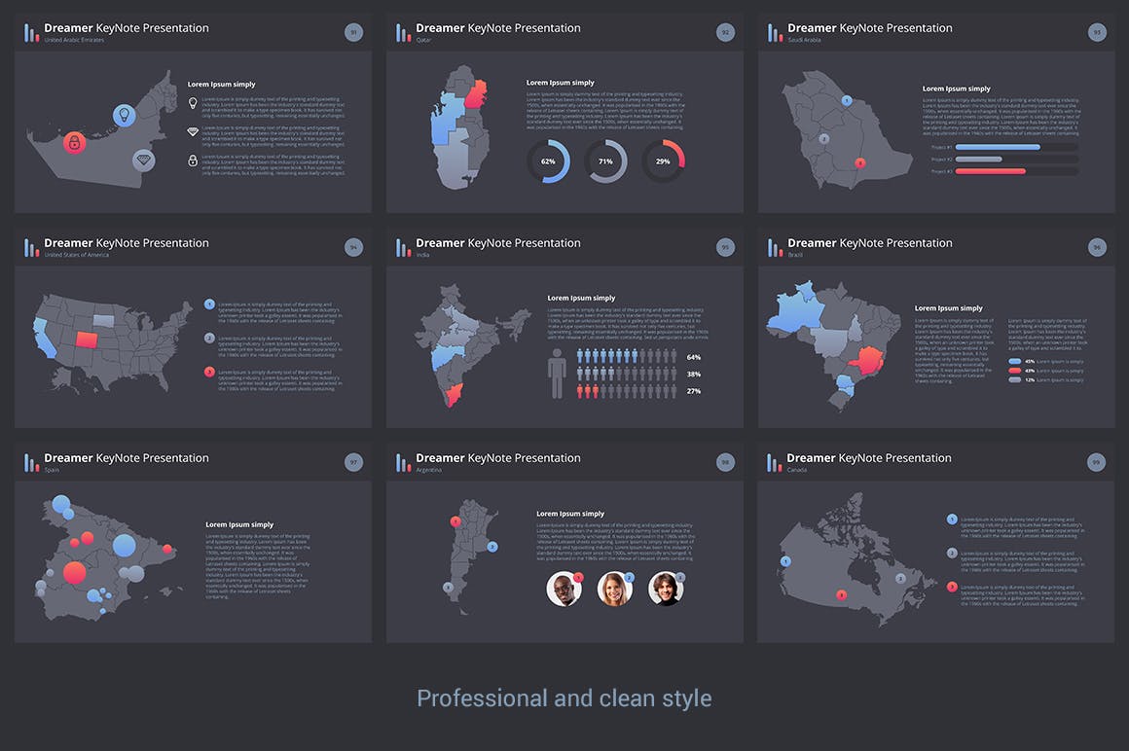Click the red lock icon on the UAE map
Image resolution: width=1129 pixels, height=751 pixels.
pyautogui.click(x=74, y=143)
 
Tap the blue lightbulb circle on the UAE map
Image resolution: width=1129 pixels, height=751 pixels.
pyautogui.click(x=123, y=116)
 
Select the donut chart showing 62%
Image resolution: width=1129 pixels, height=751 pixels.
pyautogui.click(x=548, y=161)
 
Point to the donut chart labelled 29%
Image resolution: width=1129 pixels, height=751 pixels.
pyautogui.click(x=663, y=161)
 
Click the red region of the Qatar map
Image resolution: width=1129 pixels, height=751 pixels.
pyautogui.click(x=476, y=94)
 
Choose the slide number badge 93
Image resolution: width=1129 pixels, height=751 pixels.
pyautogui.click(x=1097, y=33)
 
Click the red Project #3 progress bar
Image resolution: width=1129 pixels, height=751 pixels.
pyautogui.click(x=991, y=171)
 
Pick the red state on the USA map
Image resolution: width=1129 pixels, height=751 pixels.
pyautogui.click(x=86, y=340)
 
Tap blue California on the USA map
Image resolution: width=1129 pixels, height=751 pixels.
pyautogui.click(x=43, y=336)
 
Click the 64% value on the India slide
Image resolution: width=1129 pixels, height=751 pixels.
pyautogui.click(x=694, y=357)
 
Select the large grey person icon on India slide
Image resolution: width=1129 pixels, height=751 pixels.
pyautogui.click(x=557, y=374)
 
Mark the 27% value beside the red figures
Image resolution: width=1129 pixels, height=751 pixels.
pyautogui.click(x=694, y=391)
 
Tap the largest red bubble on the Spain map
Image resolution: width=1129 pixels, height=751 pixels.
pyautogui.click(x=74, y=573)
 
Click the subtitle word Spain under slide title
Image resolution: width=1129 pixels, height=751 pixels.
pyautogui.click(x=52, y=470)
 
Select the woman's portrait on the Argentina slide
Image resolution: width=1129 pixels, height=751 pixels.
pyautogui.click(x=615, y=589)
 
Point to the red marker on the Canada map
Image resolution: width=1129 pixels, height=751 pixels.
pyautogui.click(x=842, y=595)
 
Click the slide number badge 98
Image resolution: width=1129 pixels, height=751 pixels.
pyautogui.click(x=725, y=463)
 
